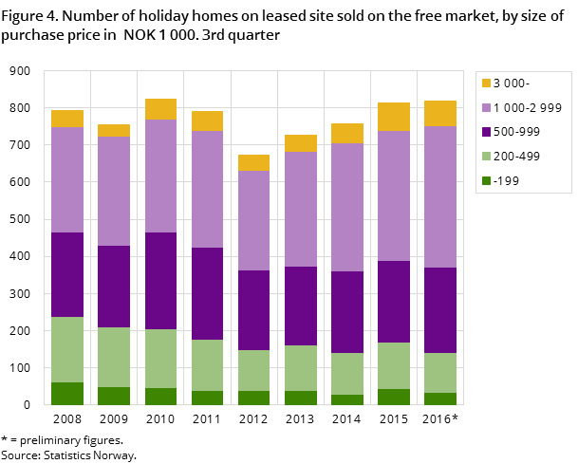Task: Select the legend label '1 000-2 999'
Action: pos(528,107)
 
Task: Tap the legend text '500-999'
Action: pos(517,132)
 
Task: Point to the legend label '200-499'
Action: pos(517,156)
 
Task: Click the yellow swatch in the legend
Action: pos(487,84)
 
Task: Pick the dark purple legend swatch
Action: pos(487,132)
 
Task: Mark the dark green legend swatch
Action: pos(487,180)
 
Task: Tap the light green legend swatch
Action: pos(487,156)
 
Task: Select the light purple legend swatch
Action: pos(487,107)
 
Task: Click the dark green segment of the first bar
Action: pos(67,394)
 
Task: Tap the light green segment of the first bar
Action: pos(67,349)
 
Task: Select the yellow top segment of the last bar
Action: pos(440,114)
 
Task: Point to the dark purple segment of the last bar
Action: pos(440,310)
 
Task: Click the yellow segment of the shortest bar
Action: pos(253,162)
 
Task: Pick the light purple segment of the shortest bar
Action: pos(253,220)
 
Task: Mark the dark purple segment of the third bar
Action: pos(160,281)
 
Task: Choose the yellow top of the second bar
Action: pos(114,130)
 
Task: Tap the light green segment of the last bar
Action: pos(440,373)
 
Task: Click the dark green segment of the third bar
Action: pos(160,397)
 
